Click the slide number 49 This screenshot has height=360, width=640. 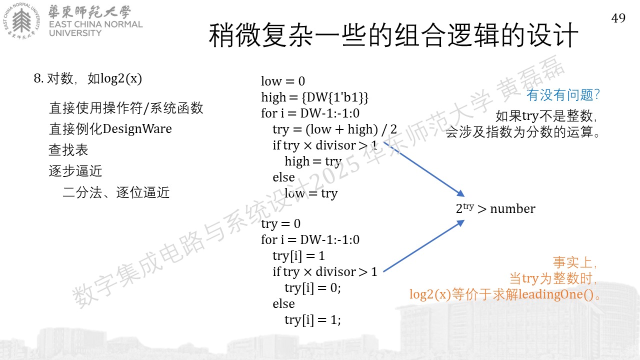click(618, 18)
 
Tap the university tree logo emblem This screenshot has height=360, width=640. click(21, 21)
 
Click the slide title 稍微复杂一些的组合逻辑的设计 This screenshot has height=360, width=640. click(393, 35)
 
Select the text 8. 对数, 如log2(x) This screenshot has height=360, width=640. click(87, 78)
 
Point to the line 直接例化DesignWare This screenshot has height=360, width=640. click(110, 129)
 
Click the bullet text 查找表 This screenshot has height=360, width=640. click(68, 149)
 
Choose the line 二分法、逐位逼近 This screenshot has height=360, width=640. click(116, 192)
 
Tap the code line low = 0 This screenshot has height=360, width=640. click(283, 81)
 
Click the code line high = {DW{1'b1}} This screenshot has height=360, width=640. click(314, 97)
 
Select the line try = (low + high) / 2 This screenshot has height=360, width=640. click(334, 129)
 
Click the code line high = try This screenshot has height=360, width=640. click(313, 161)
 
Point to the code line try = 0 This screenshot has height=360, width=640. click(280, 223)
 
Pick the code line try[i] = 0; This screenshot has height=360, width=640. click(312, 288)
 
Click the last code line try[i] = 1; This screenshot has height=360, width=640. click(312, 320)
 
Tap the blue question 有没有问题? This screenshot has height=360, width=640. click(563, 95)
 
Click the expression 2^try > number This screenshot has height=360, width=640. click(495, 208)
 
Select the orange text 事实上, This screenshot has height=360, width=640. click(574, 262)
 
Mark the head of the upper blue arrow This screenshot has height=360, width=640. click(461, 194)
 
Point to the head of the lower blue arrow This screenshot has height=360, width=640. click(461, 222)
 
